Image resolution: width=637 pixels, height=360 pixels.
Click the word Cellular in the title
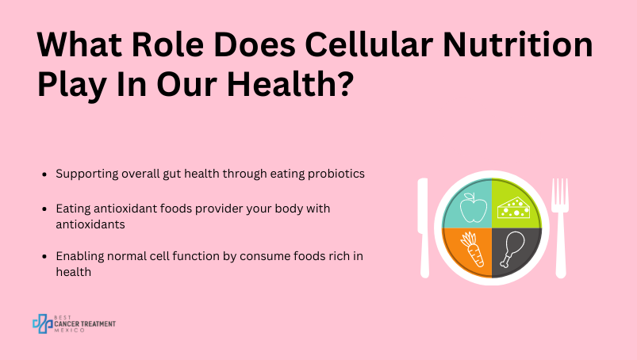368,44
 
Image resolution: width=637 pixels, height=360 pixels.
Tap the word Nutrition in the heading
517,44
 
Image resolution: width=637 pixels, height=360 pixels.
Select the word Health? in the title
290,83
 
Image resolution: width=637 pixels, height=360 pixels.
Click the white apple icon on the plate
474,208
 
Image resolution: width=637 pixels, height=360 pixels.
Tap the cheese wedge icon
514,208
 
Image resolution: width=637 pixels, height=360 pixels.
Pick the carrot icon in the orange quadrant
472,249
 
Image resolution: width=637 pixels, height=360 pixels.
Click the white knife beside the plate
424,228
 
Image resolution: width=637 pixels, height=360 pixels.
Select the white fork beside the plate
560,228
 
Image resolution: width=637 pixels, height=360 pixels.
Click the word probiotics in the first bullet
336,174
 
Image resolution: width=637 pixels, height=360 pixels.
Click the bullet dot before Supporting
44,174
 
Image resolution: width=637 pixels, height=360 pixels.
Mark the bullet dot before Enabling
44,257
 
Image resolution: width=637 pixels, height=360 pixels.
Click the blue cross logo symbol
43,324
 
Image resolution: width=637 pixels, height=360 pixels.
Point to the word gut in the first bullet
172,174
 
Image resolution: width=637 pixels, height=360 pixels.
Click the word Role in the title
167,44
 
